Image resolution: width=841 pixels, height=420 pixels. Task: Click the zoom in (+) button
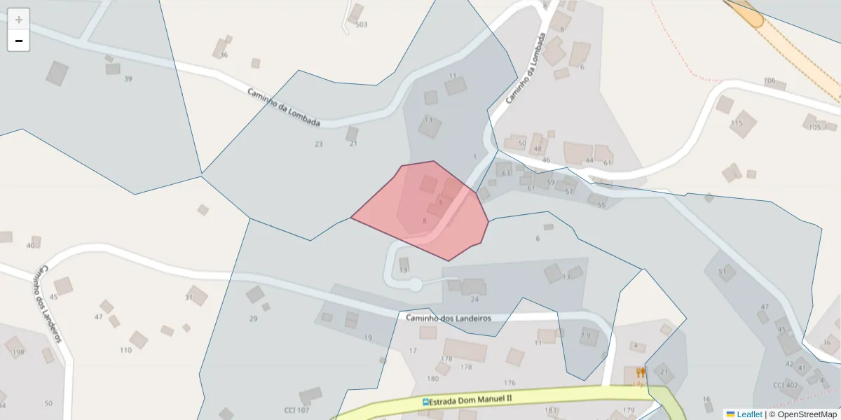click(x=19, y=20)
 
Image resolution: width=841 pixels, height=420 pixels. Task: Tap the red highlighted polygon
click(x=428, y=210)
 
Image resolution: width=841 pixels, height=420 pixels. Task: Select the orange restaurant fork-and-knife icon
click(x=640, y=373)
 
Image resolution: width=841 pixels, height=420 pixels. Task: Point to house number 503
click(x=362, y=24)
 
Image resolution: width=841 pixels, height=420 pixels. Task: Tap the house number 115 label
click(x=736, y=123)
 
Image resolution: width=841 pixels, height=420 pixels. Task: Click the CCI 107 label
click(x=296, y=410)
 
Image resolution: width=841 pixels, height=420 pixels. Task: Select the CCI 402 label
click(x=786, y=385)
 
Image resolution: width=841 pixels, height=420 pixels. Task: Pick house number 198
click(x=18, y=352)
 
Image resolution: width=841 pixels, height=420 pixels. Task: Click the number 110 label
click(x=125, y=350)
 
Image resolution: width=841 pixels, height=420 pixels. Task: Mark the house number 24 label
click(x=474, y=300)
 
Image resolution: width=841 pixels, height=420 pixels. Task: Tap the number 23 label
click(x=319, y=144)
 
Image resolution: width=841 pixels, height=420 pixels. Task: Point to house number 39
click(x=128, y=79)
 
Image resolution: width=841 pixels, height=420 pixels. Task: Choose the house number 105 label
click(x=814, y=127)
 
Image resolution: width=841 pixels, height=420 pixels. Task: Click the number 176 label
click(x=510, y=383)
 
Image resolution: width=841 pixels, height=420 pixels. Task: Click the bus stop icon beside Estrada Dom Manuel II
click(x=425, y=402)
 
